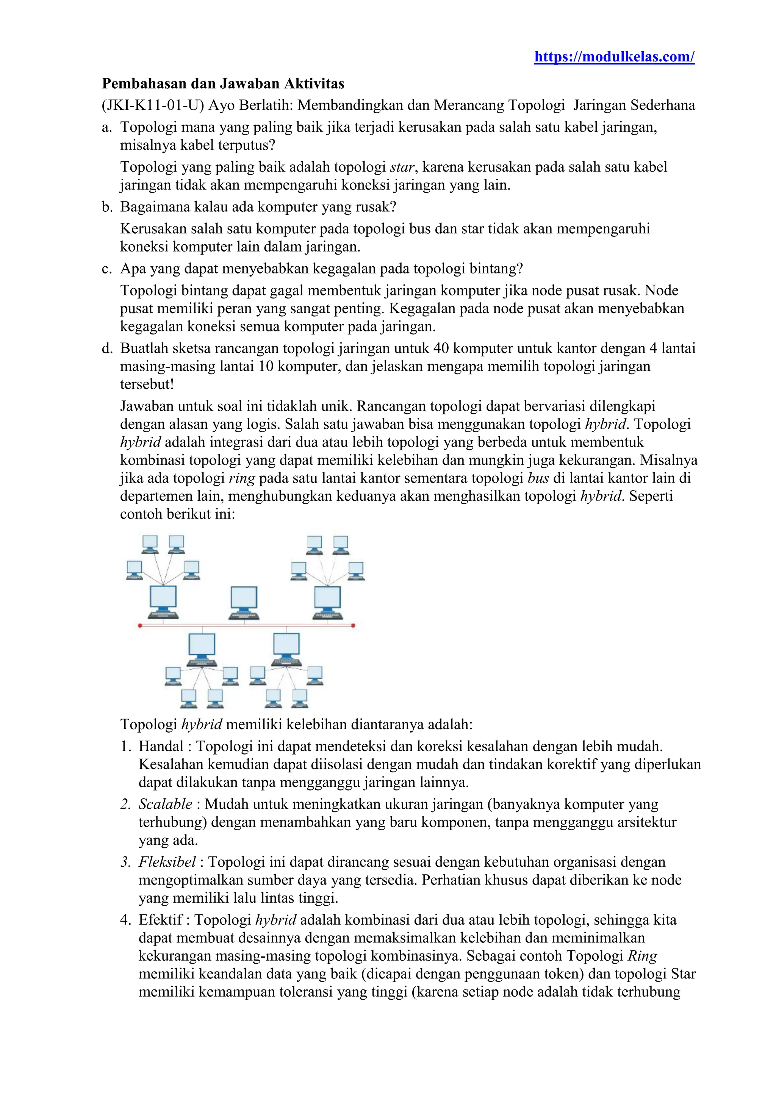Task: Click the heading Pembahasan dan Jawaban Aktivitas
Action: click(223, 84)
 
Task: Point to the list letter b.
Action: click(106, 207)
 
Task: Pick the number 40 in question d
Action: click(441, 348)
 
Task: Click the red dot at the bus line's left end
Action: click(140, 625)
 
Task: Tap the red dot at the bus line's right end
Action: click(353, 625)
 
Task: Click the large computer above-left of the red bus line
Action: click(163, 602)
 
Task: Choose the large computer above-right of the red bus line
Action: click(327, 602)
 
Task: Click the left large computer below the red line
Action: click(202, 649)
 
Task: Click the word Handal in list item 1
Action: click(161, 746)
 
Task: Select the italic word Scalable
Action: click(165, 804)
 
